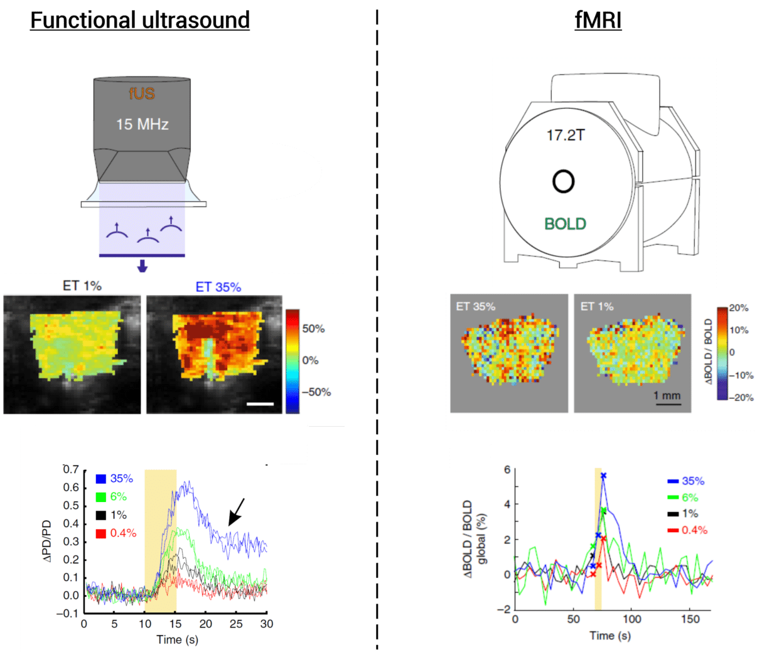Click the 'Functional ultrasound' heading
click(140, 21)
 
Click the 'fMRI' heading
click(598, 21)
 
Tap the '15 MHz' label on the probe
click(142, 124)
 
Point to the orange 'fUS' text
click(142, 94)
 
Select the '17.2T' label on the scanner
click(566, 136)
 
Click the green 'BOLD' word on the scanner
click(565, 224)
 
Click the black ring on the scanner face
click(563, 181)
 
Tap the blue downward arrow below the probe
click(142, 266)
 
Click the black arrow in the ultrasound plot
click(235, 512)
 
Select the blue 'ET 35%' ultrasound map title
click(218, 287)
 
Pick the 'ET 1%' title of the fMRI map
click(596, 306)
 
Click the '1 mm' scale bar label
click(667, 395)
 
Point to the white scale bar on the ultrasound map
click(260, 404)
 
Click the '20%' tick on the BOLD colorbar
click(739, 308)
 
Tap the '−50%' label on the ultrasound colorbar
click(316, 392)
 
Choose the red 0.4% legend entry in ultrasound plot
click(116, 533)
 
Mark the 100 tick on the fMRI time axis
click(631, 619)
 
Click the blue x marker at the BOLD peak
click(603, 476)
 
